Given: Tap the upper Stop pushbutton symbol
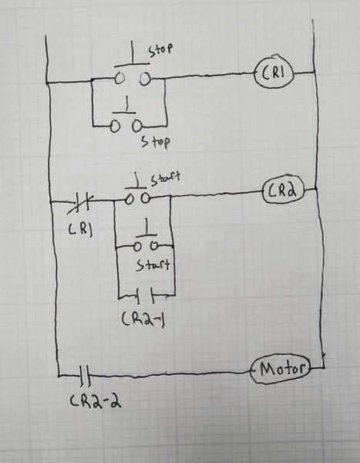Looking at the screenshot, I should coord(131,73).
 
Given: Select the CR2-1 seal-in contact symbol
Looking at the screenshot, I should coord(146,294).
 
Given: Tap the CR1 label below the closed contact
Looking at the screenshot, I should coord(79,229).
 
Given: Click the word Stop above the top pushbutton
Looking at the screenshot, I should coord(160,49).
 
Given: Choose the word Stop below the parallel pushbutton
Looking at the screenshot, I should coord(156,143).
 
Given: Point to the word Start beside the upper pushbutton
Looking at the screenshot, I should coord(165,179).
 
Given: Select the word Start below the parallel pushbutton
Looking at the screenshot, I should coord(153,265).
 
